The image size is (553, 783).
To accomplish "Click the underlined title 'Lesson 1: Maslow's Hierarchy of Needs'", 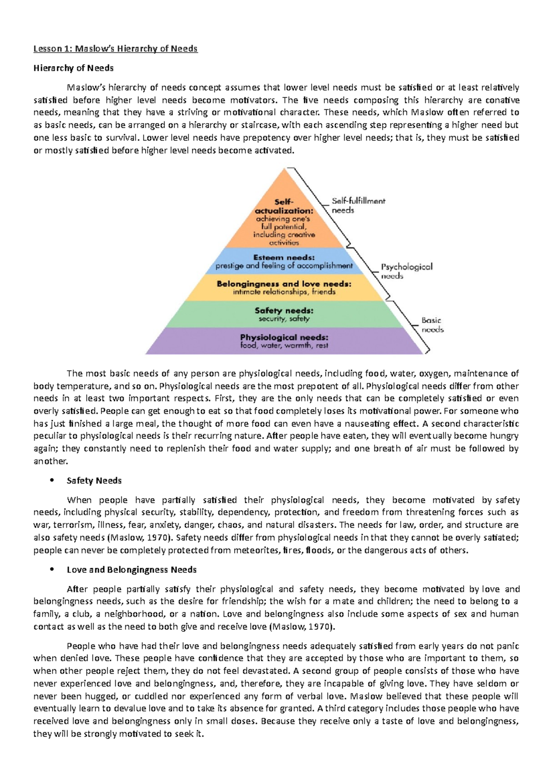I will pyautogui.click(x=116, y=48).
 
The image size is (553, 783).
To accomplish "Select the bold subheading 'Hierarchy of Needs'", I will pyautogui.click(x=74, y=68).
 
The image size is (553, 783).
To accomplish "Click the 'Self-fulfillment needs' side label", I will pyautogui.click(x=358, y=206).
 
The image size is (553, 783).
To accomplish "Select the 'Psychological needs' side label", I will pyautogui.click(x=406, y=271).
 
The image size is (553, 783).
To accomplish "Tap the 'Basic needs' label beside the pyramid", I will pyautogui.click(x=432, y=325).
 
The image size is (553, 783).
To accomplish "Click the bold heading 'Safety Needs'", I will pyautogui.click(x=94, y=480).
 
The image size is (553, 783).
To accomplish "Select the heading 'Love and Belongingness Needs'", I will pyautogui.click(x=132, y=569).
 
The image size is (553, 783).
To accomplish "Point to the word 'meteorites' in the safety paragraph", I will pyautogui.click(x=255, y=550).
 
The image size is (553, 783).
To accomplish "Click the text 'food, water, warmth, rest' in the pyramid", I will pyautogui.click(x=284, y=345).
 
